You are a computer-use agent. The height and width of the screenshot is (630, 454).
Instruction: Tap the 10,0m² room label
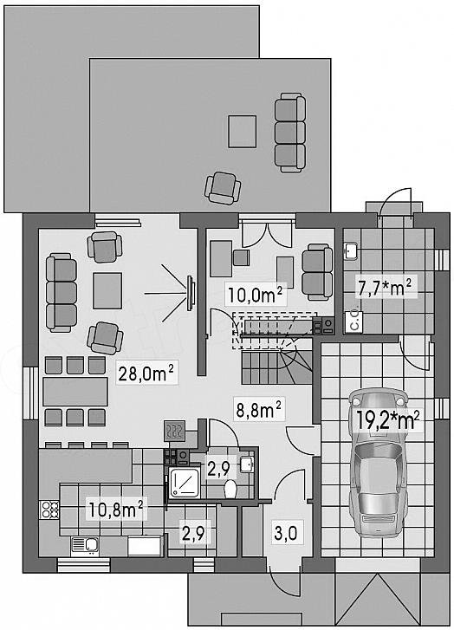pyautogui.click(x=256, y=295)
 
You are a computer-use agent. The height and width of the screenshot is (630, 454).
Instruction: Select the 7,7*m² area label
pyautogui.click(x=385, y=288)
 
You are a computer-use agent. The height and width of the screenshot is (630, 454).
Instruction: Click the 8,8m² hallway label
pyautogui.click(x=258, y=411)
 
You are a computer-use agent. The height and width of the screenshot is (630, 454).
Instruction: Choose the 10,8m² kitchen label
pyautogui.click(x=116, y=510)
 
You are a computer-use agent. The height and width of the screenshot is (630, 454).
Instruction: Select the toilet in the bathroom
pyautogui.click(x=230, y=489)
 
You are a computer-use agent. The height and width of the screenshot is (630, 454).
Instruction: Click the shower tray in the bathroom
pyautogui.click(x=184, y=482)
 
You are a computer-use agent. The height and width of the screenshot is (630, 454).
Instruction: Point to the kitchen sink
pyautogui.click(x=85, y=545)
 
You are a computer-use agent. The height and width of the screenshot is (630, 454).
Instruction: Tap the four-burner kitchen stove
pyautogui.click(x=49, y=509)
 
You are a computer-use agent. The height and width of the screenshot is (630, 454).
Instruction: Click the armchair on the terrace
pyautogui.click(x=223, y=187)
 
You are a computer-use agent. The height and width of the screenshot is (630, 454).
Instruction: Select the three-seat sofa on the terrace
pyautogui.click(x=289, y=133)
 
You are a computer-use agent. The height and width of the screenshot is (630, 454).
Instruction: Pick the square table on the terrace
pyautogui.click(x=243, y=131)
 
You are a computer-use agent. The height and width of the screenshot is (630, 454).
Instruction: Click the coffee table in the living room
pyautogui.click(x=107, y=290)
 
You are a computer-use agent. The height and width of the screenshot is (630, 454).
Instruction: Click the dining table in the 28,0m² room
pyautogui.click(x=75, y=391)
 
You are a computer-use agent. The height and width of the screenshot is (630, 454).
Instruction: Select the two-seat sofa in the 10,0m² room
pyautogui.click(x=317, y=272)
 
